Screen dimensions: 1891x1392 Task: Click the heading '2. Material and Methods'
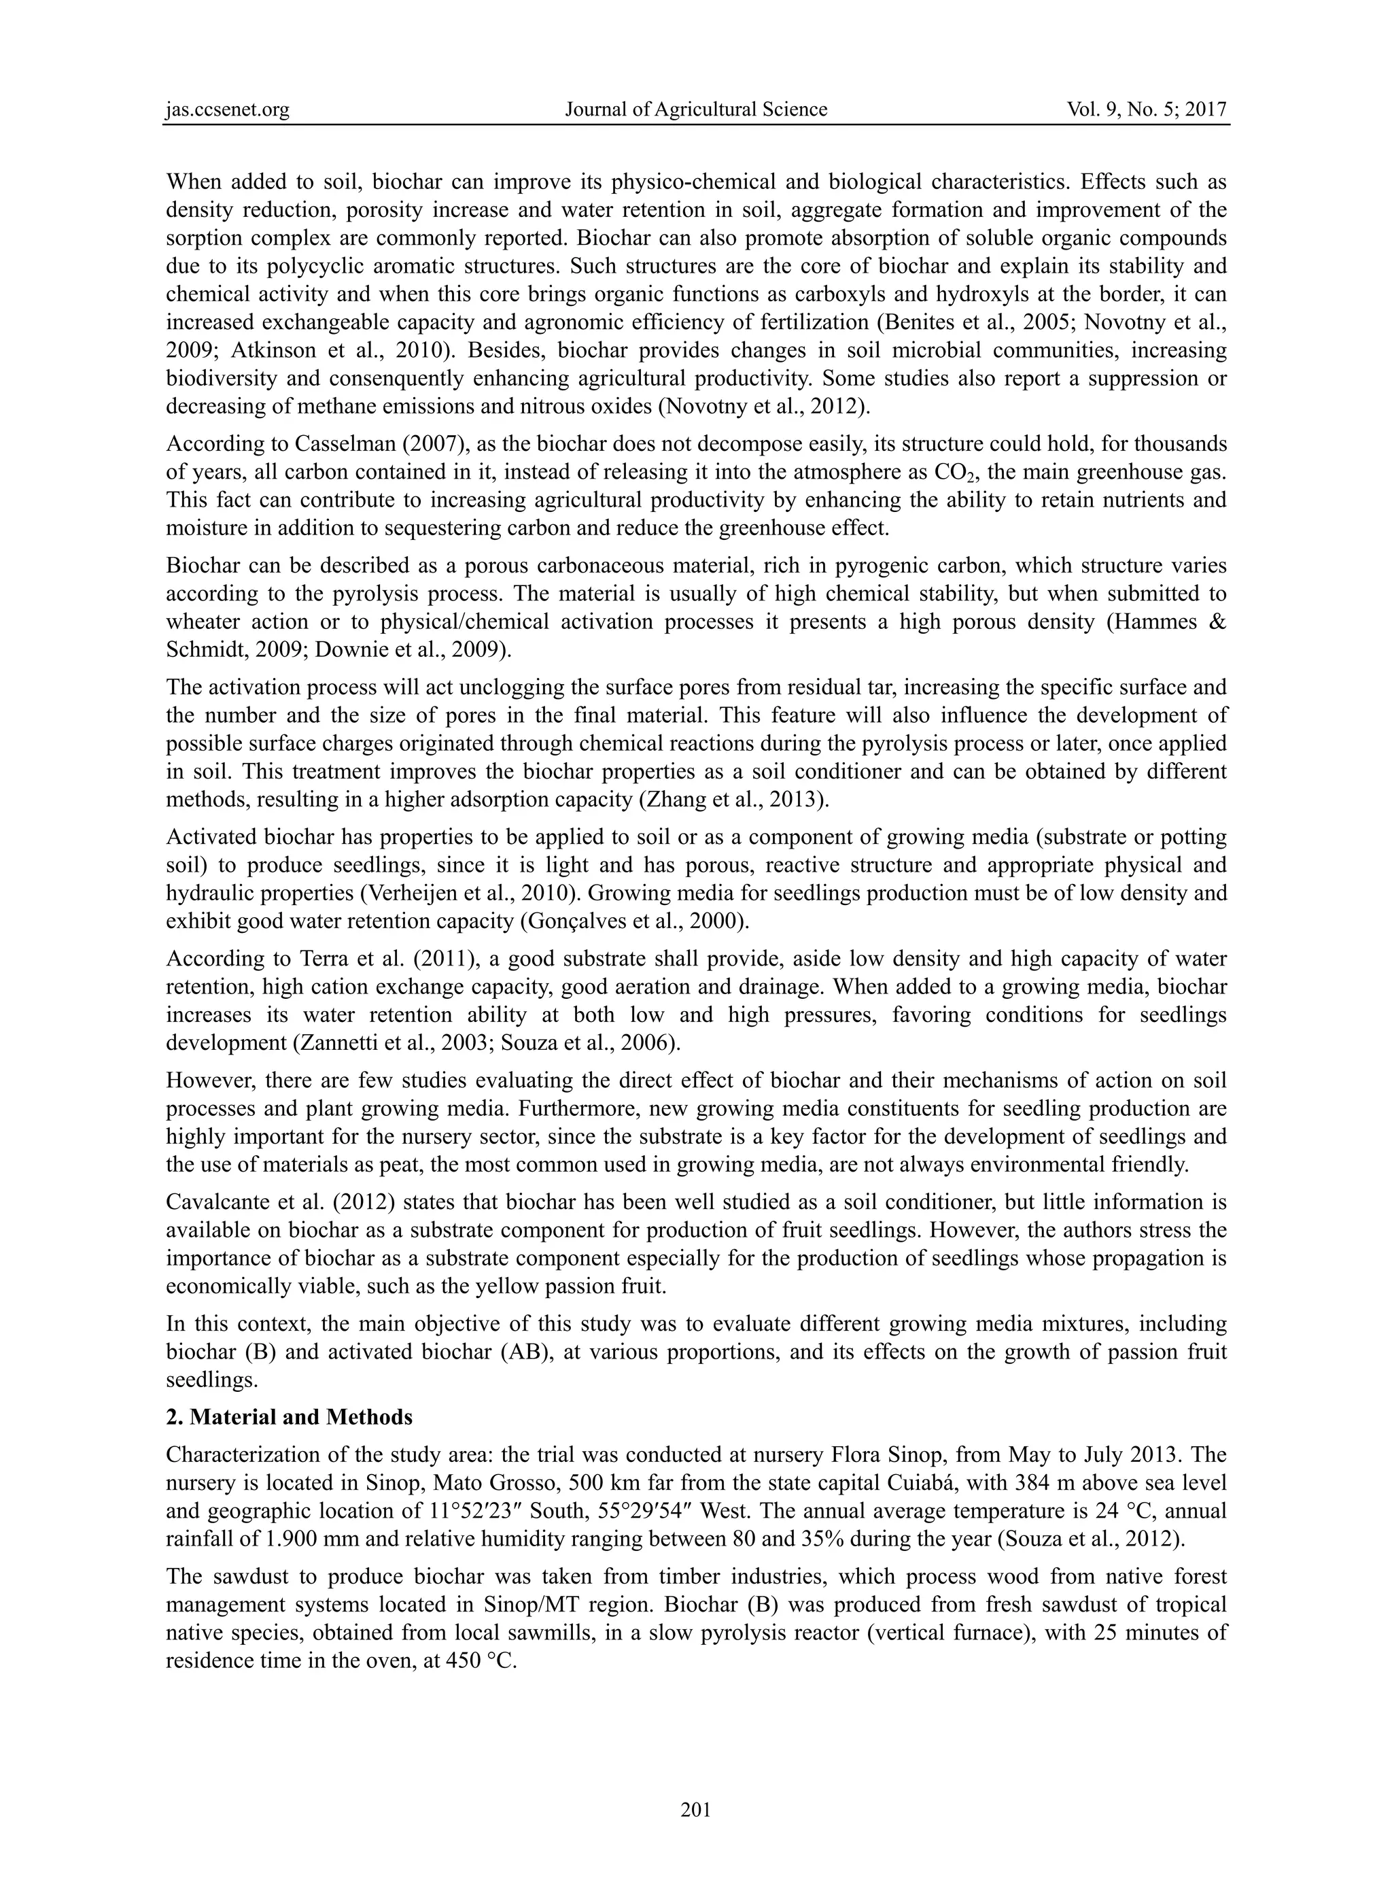(289, 1417)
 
